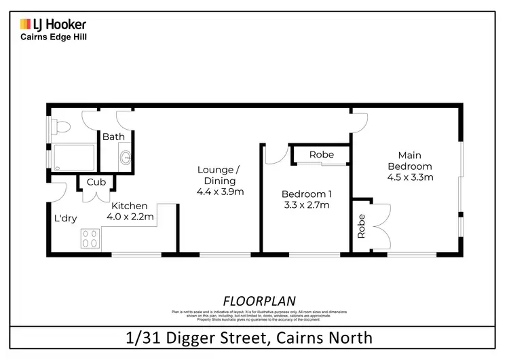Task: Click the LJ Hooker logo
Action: tap(53, 25)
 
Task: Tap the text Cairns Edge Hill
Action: tap(53, 37)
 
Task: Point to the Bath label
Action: tap(113, 137)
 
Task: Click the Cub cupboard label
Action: tap(96, 182)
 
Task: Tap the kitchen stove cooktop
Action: tap(90, 238)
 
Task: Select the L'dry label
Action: tap(66, 219)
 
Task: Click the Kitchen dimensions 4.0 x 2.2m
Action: tap(130, 217)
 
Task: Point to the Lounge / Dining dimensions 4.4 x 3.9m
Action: tap(220, 192)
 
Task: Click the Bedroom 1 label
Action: tap(307, 194)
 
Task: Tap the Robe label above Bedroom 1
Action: tap(321, 155)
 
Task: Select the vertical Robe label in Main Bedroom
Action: tap(361, 225)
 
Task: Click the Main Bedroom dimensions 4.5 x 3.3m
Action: tap(409, 177)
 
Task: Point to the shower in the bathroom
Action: tap(75, 157)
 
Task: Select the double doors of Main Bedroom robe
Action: tap(381, 224)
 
